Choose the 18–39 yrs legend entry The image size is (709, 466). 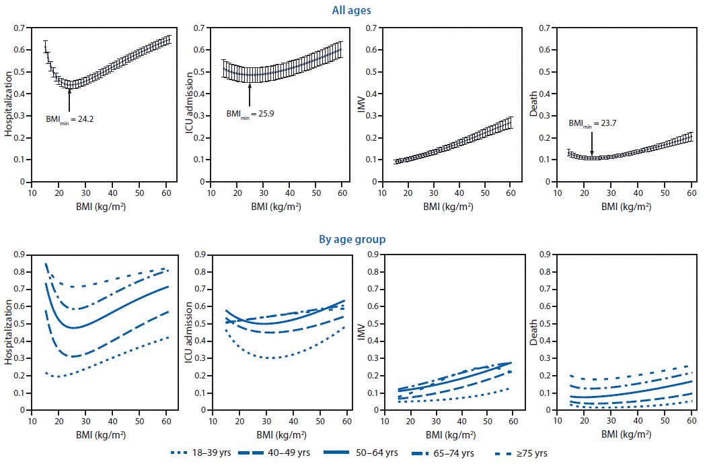point(202,453)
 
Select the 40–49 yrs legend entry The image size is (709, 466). point(289,453)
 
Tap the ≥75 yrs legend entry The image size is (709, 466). point(531,453)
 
